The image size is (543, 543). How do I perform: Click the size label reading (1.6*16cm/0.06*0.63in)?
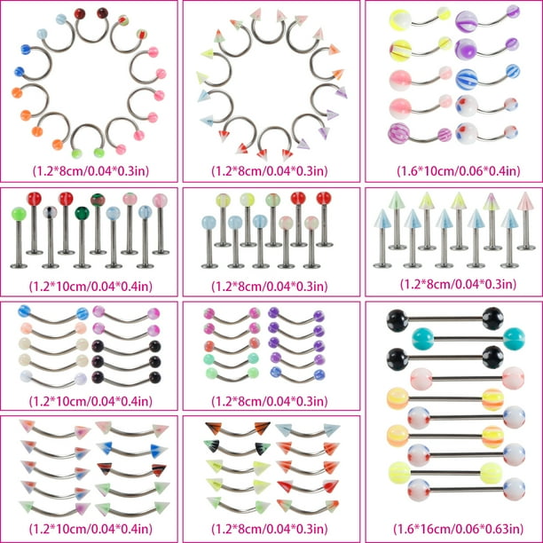(458, 529)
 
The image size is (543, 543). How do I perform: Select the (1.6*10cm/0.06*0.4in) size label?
(458, 170)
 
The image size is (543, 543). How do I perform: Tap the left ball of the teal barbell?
(423, 338)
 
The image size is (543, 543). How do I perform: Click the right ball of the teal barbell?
(514, 338)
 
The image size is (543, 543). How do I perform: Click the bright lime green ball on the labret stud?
(19, 214)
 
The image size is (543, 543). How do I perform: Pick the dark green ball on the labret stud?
(83, 213)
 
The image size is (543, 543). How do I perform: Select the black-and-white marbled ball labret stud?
(51, 239)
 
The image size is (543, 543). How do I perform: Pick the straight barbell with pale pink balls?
(468, 379)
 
